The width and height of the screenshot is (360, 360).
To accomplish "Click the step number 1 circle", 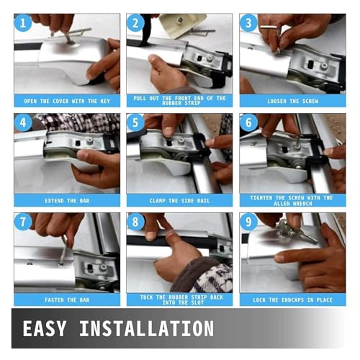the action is click(x=23, y=23).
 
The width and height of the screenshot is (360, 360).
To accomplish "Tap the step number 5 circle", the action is click(x=135, y=122).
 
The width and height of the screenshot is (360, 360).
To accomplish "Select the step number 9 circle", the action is click(x=248, y=222).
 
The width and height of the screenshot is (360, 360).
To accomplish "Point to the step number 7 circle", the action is click(x=23, y=222).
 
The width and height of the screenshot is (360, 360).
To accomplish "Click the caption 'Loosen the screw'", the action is click(x=293, y=101).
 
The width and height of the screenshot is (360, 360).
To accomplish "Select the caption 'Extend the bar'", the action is click(x=67, y=201).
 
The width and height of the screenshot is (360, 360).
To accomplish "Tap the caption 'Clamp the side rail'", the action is click(x=179, y=201).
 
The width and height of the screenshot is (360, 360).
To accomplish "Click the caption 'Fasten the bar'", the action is click(x=67, y=300).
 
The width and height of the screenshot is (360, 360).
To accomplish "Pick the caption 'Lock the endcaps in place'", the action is click(x=293, y=300).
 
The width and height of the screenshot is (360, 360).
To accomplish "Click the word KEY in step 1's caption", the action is click(x=105, y=101).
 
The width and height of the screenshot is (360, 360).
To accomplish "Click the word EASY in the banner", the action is click(x=45, y=328).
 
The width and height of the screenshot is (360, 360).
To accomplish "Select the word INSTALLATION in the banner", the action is click(x=147, y=328).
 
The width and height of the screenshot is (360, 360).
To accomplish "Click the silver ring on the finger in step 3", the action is click(x=269, y=27).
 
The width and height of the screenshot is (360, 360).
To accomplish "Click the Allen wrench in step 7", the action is click(x=63, y=250).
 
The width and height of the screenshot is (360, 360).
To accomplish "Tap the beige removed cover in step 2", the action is click(x=183, y=25).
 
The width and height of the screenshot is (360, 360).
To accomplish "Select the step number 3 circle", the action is click(x=248, y=23).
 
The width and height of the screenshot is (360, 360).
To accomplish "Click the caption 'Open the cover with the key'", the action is click(x=67, y=101).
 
